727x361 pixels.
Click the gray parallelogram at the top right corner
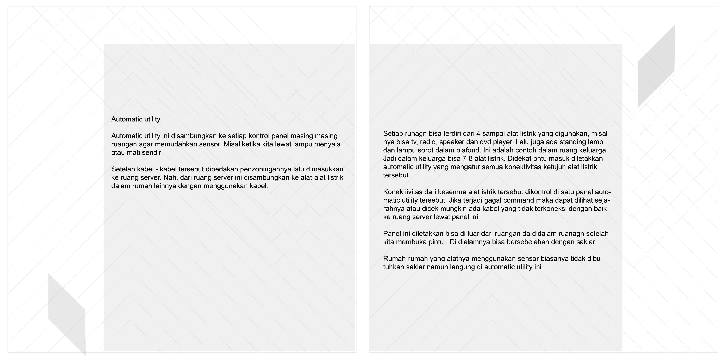656,66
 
